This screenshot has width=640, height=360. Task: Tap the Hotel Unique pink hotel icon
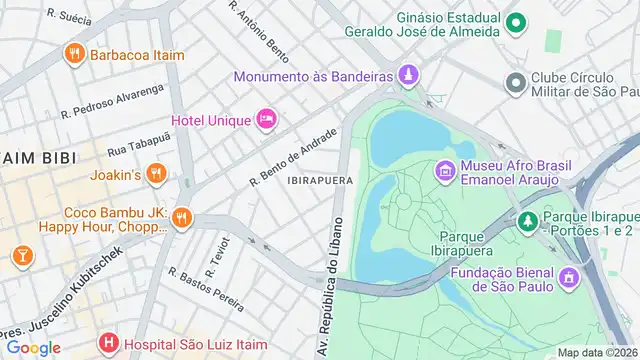266,120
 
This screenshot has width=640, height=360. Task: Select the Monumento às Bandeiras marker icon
408,75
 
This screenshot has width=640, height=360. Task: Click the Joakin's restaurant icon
154,174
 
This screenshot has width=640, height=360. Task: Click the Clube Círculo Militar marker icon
516,82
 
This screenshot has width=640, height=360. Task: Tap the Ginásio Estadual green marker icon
516,23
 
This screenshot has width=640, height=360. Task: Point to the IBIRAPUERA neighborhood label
316,181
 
